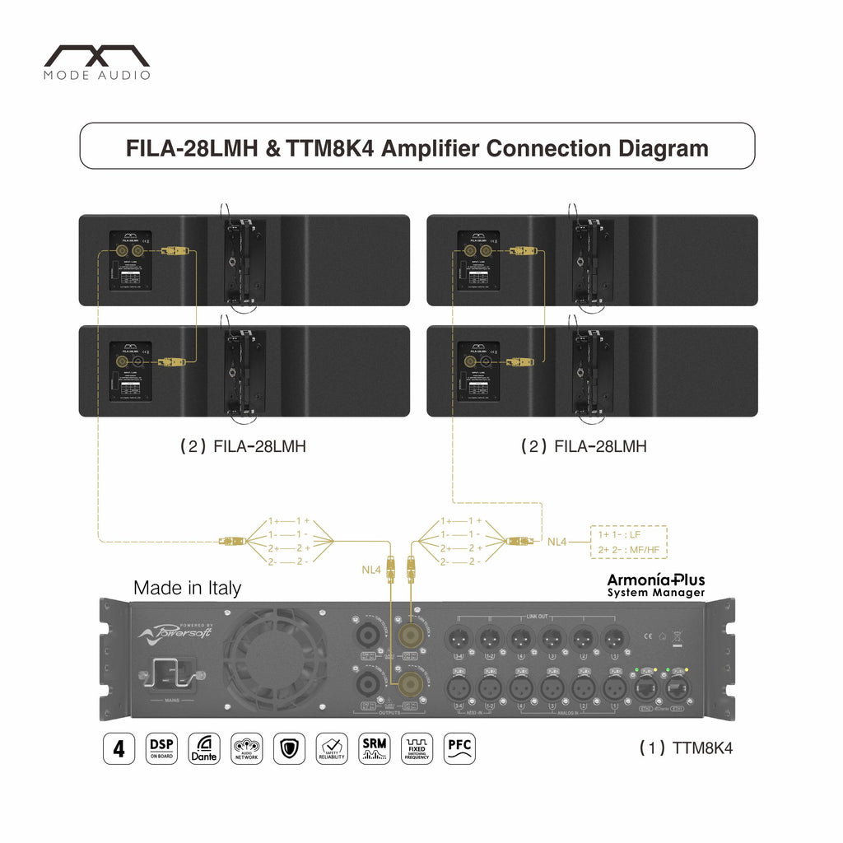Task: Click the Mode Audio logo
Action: coord(97,63)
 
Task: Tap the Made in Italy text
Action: coord(188,588)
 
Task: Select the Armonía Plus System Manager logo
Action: coord(656,585)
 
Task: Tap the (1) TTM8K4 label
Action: coord(685,748)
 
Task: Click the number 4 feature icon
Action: coord(119,748)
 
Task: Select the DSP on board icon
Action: coord(161,748)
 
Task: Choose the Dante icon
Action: coord(204,748)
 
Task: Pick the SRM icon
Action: coord(375,748)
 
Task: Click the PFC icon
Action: coord(459,748)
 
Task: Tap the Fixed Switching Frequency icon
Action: coord(417,748)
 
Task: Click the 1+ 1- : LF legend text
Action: coord(625,535)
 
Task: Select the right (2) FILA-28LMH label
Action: coord(584,447)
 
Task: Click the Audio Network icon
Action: coord(247,748)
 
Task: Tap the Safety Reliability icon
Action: coord(332,748)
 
